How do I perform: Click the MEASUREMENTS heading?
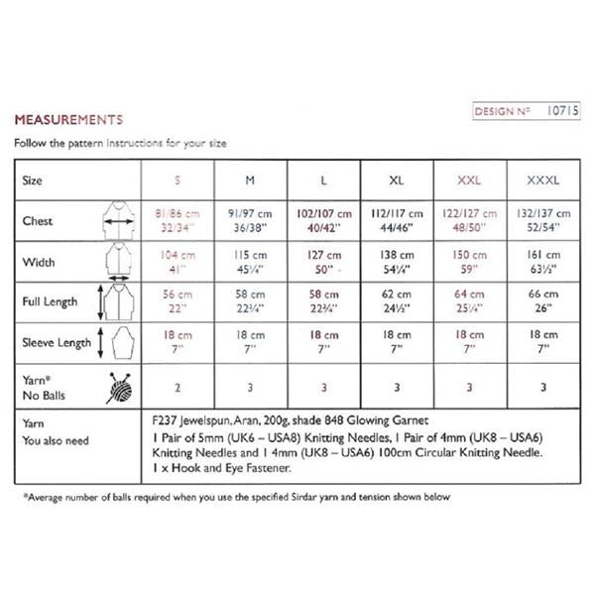pyautogui.click(x=68, y=120)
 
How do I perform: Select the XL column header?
pyautogui.click(x=398, y=181)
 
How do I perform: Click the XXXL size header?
pyautogui.click(x=543, y=181)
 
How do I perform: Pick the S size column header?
pyautogui.click(x=178, y=181)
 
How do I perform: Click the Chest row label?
pyautogui.click(x=39, y=220)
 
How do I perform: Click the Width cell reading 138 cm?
pyautogui.click(x=398, y=261)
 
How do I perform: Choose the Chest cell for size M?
pyautogui.click(x=250, y=220)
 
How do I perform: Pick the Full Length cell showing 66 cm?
pyautogui.click(x=543, y=300)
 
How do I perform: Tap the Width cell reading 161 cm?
pyautogui.click(x=543, y=261)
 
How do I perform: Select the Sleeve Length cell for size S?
pyautogui.click(x=178, y=342)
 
